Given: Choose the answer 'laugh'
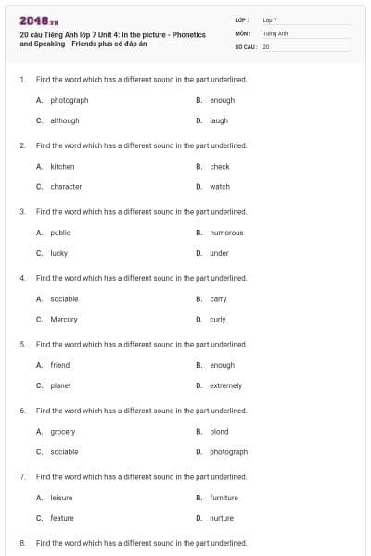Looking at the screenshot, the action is coord(219,120).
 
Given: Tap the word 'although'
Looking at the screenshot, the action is coord(65,120).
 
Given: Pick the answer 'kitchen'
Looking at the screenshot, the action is coord(62,167).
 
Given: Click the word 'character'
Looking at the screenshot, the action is coord(66,186).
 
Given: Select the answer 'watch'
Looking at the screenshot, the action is coord(220,186).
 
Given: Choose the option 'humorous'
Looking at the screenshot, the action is coord(226,233).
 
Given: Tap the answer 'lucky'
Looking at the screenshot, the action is coord(59,253).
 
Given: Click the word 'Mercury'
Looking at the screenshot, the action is coord(64,319).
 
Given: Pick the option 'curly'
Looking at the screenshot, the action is coord(218,319).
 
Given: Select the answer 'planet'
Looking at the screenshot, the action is coord(60,385).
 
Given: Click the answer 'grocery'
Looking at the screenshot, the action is coord(63,431).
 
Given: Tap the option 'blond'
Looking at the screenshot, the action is coord(219,431).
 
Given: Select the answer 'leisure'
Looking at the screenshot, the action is coord(61,498).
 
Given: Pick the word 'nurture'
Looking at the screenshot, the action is coord(222,518).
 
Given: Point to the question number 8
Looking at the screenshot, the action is coord(22,542).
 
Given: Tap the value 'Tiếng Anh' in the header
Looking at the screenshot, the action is coord(275,32).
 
